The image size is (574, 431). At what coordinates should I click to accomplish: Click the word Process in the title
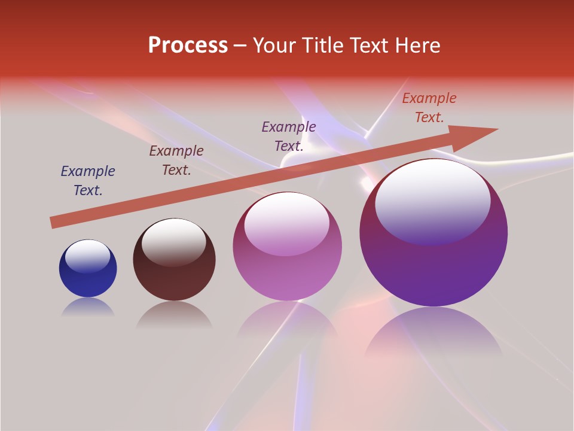(x=188, y=45)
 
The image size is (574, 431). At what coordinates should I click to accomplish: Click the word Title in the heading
(x=320, y=45)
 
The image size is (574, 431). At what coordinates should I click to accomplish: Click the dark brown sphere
(x=174, y=278)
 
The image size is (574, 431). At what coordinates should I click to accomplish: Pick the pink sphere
(x=287, y=275)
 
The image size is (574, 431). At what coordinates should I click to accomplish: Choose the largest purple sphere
(x=433, y=269)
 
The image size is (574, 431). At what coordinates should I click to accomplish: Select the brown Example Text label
(x=176, y=160)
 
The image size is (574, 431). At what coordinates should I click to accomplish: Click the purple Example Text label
(x=289, y=136)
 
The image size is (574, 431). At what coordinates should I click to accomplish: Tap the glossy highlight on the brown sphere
(x=174, y=241)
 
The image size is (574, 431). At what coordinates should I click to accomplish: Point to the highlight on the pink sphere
(x=287, y=224)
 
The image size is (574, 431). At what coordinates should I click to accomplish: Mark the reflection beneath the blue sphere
(x=88, y=308)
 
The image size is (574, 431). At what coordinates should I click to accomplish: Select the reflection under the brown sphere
(x=174, y=315)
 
